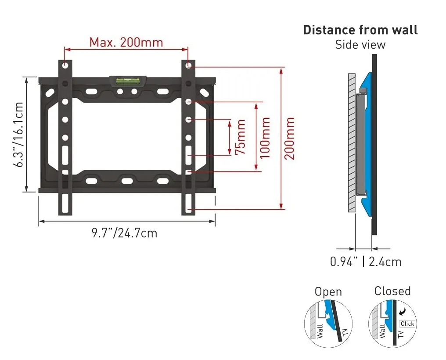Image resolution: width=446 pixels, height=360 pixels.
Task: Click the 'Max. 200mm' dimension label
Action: pos(126,43)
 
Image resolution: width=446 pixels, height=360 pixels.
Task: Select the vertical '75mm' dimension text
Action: pos(241,137)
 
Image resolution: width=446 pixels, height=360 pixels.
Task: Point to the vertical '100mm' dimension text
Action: pos(265,138)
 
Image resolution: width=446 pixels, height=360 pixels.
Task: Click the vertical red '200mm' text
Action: pos(290,139)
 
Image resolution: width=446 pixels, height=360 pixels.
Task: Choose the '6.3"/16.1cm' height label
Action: pos(19,134)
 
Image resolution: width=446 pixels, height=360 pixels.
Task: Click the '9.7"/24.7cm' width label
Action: pos(124,233)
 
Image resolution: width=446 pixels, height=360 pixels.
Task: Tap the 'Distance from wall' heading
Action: pos(360,30)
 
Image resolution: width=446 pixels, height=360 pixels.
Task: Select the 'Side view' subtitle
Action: pos(360,45)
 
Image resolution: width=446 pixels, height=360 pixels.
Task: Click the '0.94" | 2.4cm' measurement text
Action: pos(366,262)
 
